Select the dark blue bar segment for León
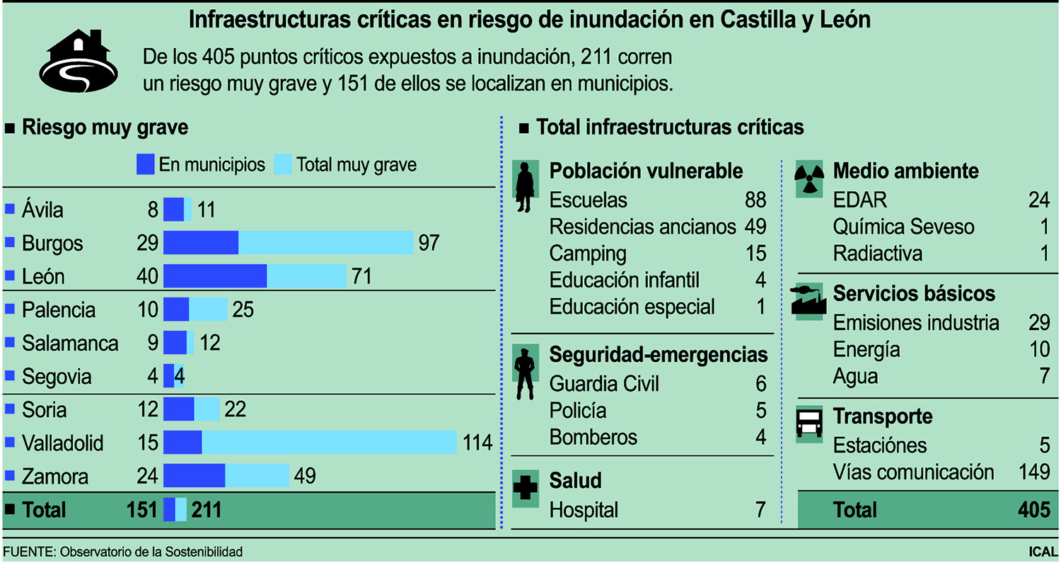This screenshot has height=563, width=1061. point(215,276)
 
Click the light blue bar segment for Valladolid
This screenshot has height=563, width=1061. point(329,443)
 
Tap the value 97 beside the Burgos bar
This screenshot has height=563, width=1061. point(429,244)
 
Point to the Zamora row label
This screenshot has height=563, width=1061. point(55,477)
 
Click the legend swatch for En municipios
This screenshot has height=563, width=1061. point(145,165)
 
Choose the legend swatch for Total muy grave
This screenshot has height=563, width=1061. point(282,165)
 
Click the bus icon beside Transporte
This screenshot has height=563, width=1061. point(810,424)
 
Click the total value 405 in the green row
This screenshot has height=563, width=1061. point(1033,510)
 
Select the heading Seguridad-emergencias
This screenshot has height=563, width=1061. point(658,354)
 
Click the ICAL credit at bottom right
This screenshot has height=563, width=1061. point(1043,552)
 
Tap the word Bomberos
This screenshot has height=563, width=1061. point(593,438)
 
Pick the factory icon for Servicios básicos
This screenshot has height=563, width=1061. point(810,300)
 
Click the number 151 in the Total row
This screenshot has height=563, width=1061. point(141,510)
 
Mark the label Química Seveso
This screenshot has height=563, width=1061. point(903,227)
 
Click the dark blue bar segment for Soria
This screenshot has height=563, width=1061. point(179,410)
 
